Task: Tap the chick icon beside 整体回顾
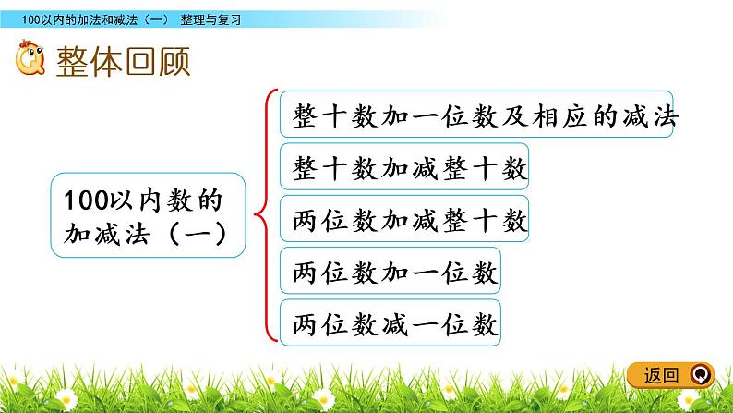[30, 63]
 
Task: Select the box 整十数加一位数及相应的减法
[475, 115]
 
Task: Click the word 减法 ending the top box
[654, 115]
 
